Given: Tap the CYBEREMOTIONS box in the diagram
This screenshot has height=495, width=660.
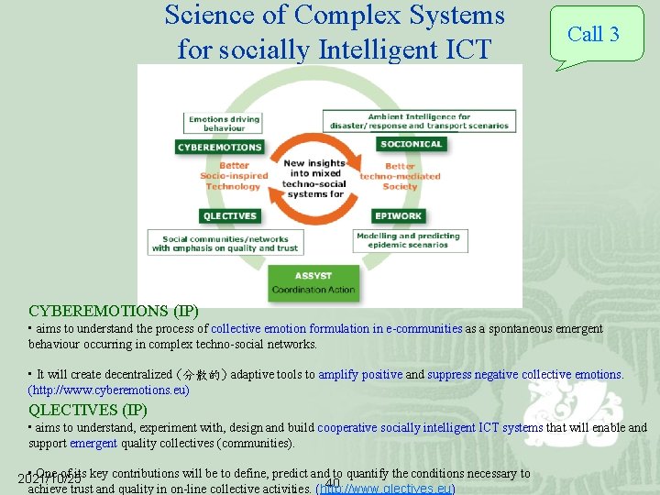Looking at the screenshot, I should tap(220, 147).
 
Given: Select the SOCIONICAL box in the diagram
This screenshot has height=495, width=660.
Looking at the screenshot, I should tap(412, 144).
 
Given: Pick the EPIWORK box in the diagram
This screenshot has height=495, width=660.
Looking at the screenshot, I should tap(398, 216).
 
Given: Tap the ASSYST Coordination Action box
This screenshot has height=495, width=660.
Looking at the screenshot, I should tap(313, 283).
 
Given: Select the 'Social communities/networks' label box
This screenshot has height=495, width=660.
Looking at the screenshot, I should tap(225, 243).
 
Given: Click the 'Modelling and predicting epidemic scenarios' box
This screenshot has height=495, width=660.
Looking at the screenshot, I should tap(409, 240).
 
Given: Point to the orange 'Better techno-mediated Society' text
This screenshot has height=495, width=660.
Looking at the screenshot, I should tap(400, 176).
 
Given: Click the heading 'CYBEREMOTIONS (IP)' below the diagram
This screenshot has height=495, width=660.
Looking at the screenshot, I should tap(114, 311).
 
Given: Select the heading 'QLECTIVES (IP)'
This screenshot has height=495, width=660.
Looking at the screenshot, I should tap(88, 410).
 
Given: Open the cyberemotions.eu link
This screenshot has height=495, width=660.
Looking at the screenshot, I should tap(109, 390).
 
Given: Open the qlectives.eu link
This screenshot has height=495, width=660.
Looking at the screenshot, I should tap(385, 489).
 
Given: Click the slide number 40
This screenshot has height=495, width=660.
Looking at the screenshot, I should tap(332, 483).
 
